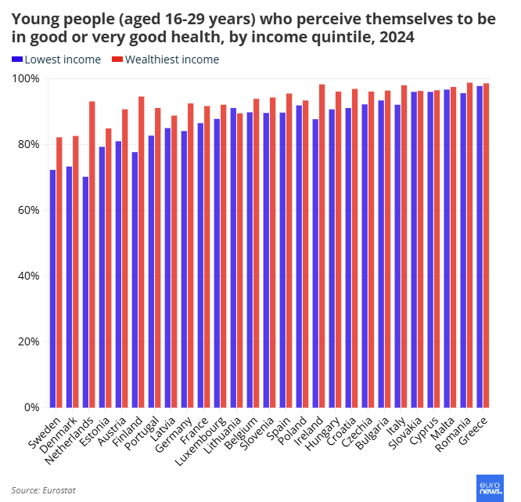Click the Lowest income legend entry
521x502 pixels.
(x=56, y=60)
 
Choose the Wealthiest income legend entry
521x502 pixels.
(x=166, y=60)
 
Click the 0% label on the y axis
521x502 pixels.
(x=32, y=407)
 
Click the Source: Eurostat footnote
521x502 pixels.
(x=44, y=490)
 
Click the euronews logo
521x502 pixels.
(x=490, y=487)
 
